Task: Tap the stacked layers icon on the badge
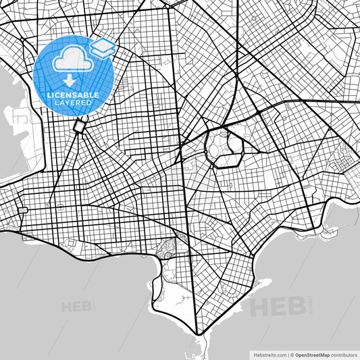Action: coord(103,47)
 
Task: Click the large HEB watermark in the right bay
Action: coord(277,307)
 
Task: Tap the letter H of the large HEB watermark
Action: coord(259,308)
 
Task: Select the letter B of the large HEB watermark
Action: coord(294,307)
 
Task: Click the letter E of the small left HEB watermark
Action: coord(78,307)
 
